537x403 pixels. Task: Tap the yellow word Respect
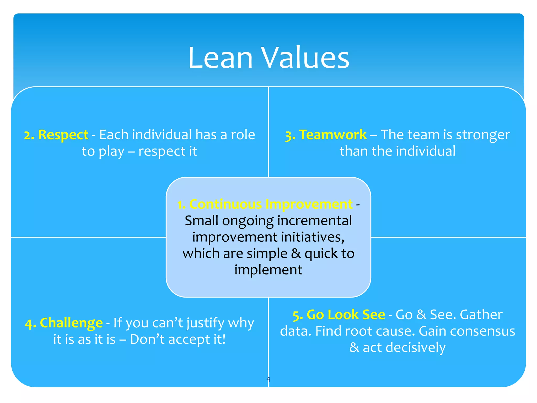pyautogui.click(x=63, y=135)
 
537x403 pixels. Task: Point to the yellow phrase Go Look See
pyautogui.click(x=346, y=315)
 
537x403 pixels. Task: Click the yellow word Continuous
pyautogui.click(x=225, y=204)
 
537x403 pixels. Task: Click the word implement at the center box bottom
pyautogui.click(x=268, y=270)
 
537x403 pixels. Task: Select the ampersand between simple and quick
pyautogui.click(x=296, y=253)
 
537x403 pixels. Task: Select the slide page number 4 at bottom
pyautogui.click(x=268, y=379)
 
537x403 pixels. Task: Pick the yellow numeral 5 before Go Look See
pyautogui.click(x=296, y=315)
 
